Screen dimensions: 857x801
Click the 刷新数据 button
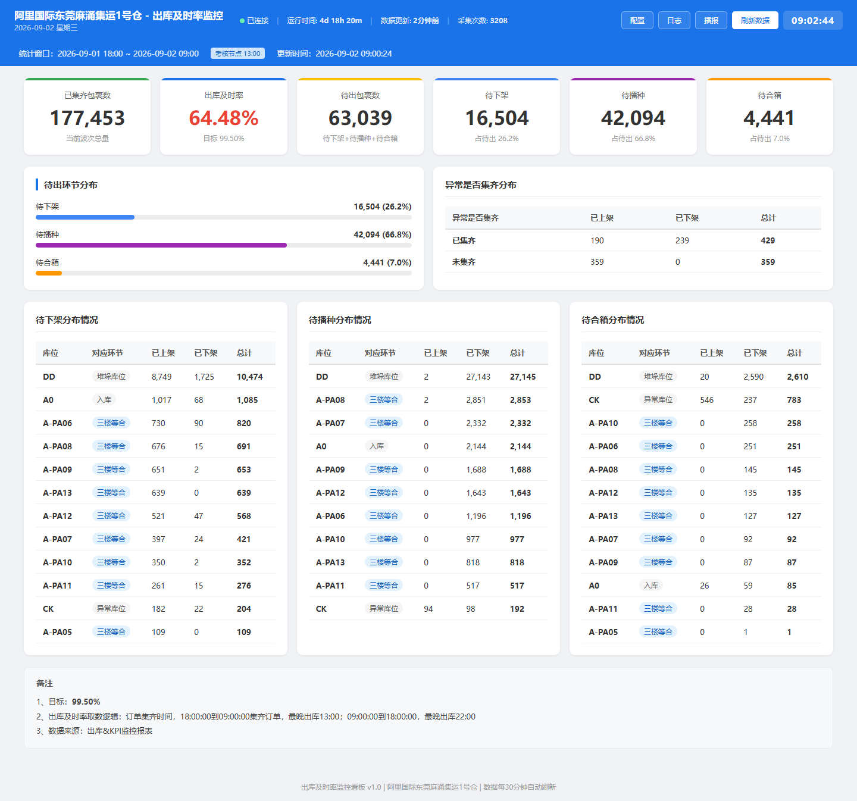tap(755, 20)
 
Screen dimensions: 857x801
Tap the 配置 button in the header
tap(637, 20)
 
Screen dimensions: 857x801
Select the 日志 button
tap(674, 20)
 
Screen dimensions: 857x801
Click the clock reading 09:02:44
tap(812, 20)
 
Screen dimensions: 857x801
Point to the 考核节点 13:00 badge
tap(237, 54)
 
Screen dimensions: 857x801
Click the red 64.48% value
tap(224, 118)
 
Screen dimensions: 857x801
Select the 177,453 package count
tap(87, 118)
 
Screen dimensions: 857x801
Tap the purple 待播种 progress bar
tap(161, 245)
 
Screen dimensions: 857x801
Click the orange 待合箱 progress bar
tap(49, 273)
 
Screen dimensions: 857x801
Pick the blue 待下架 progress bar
tap(85, 217)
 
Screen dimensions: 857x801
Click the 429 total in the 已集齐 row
tap(768, 240)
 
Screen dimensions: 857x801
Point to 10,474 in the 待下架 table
tap(249, 377)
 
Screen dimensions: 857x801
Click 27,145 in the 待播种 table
tap(523, 377)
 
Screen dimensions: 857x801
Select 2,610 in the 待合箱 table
tap(797, 377)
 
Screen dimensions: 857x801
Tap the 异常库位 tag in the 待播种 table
tap(384, 609)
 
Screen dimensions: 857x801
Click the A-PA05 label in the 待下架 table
tap(57, 632)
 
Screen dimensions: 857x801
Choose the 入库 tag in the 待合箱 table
tap(650, 585)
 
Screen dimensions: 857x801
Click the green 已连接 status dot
tap(242, 21)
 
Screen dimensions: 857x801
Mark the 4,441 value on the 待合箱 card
tap(769, 118)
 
